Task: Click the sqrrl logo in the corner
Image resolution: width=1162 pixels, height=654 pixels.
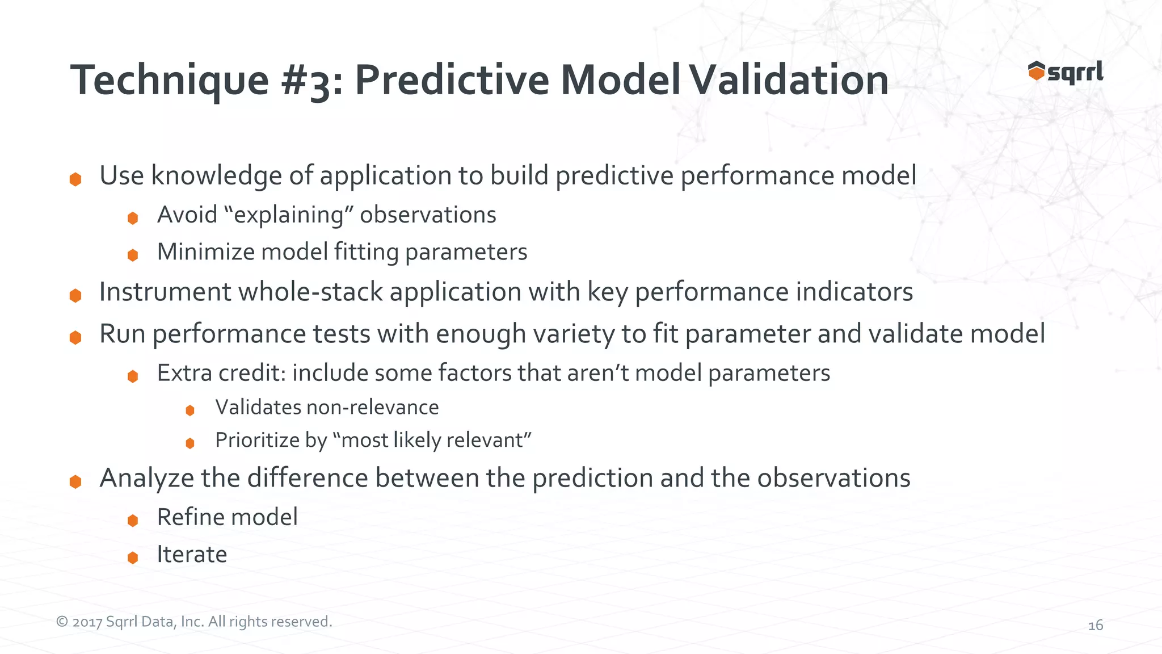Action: (1065, 72)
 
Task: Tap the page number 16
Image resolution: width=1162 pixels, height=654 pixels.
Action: (1095, 625)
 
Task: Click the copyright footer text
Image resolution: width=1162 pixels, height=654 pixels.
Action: (194, 622)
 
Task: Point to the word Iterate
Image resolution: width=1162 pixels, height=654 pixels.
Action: (192, 554)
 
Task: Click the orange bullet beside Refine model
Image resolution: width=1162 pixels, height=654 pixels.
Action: (133, 520)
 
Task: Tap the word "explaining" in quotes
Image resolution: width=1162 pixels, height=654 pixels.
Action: (289, 215)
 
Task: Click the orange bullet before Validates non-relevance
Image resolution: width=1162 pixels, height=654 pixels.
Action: (190, 410)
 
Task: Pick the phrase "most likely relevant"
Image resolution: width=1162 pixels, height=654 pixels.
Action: (432, 441)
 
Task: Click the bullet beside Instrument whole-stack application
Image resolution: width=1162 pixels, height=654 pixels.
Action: (75, 295)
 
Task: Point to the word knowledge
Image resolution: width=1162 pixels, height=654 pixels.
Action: (216, 175)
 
